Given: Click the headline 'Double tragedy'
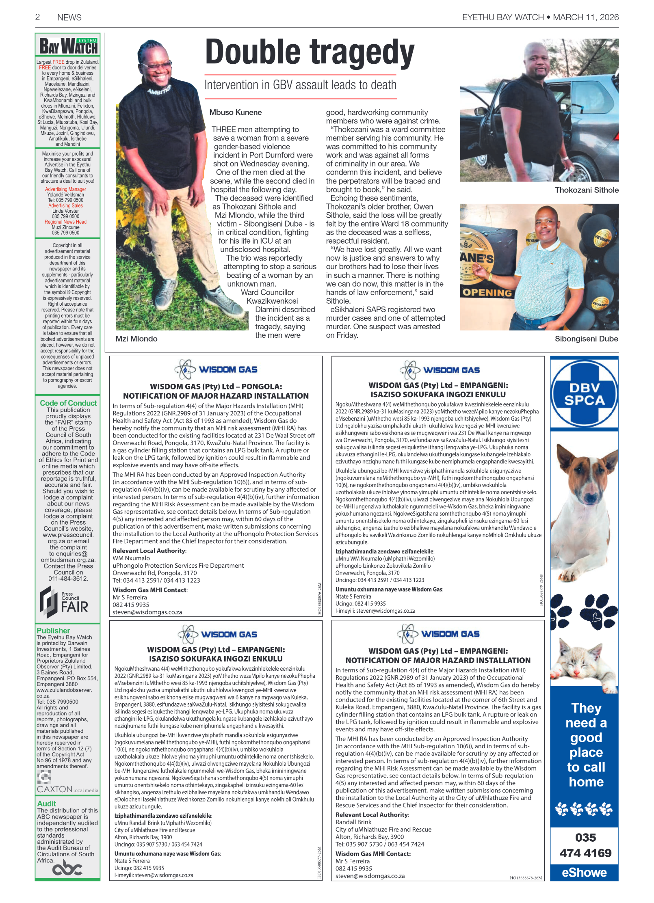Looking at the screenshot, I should pos(310,53).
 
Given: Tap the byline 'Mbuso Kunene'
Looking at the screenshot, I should pos(235,112).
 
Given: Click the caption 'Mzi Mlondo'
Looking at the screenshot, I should pos(136,339).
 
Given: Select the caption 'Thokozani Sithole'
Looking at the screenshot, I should pos(586,190).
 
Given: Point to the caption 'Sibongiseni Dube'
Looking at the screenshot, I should pos(586,339).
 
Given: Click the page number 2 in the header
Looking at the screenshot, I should pos(37,17).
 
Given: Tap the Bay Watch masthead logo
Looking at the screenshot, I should pos(68,46).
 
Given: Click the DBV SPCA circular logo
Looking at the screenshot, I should pos(584,393).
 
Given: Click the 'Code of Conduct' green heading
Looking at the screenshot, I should pos(68,403).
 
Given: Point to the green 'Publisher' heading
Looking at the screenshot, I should pos(53,631).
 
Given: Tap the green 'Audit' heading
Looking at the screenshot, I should pos(46,804).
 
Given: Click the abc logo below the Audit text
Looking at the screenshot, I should pos(67,868).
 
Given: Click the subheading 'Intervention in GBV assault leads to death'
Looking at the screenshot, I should pos(300,85).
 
